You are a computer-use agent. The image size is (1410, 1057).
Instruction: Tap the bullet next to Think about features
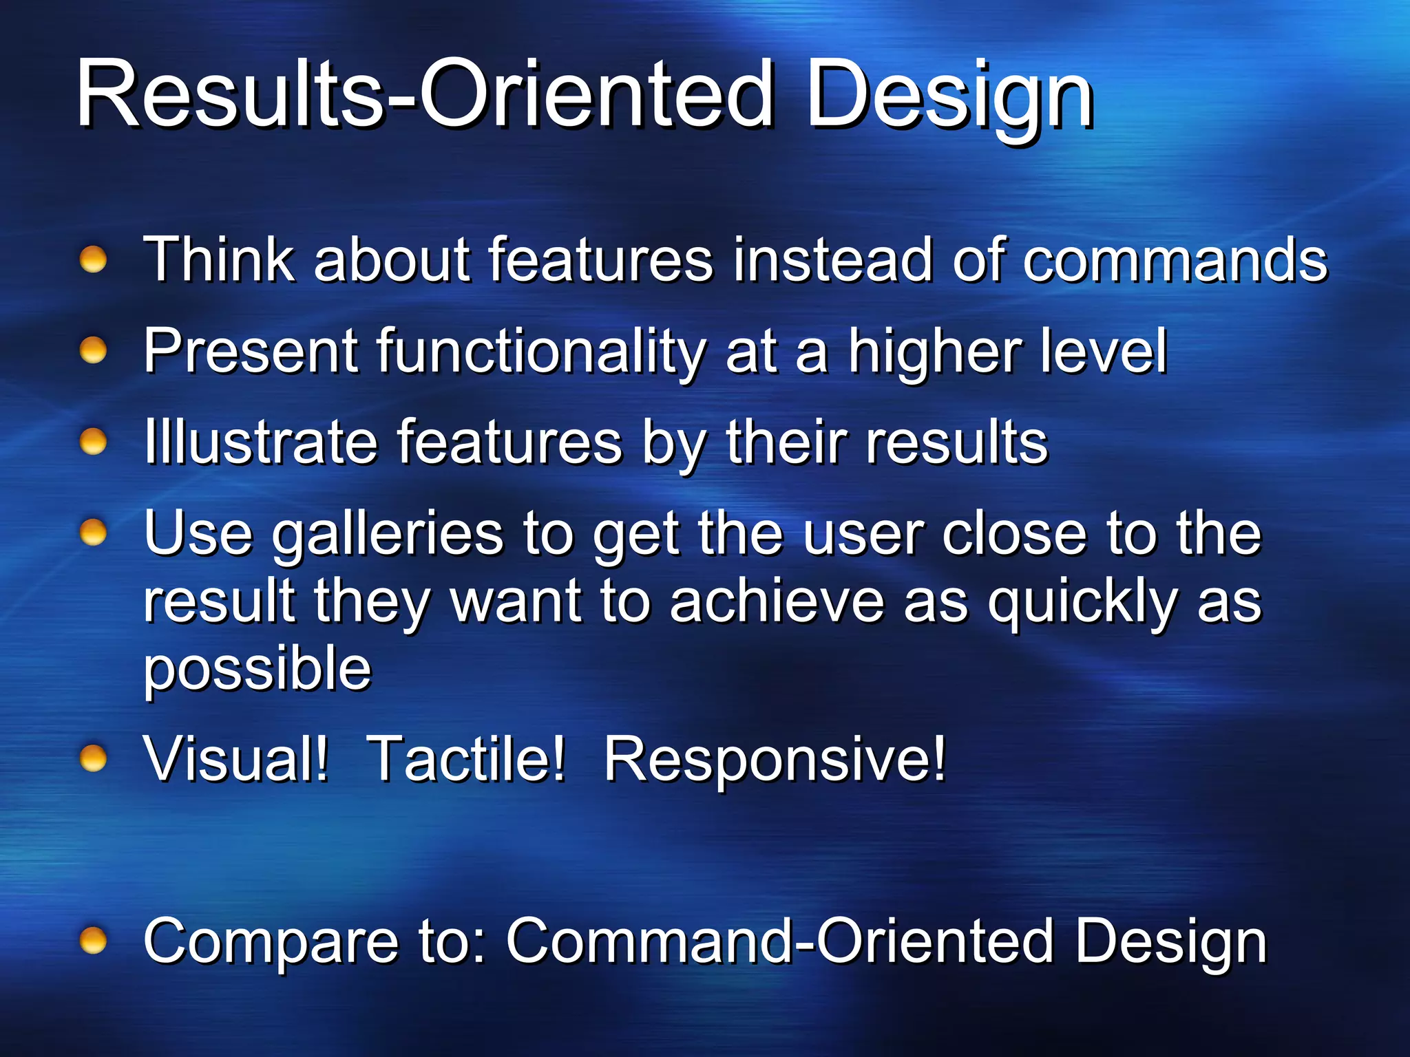93,261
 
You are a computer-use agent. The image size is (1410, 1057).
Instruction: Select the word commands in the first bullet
1175,261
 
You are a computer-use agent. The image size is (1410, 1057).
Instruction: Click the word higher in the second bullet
934,353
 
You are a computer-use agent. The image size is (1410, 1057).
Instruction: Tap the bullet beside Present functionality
93,352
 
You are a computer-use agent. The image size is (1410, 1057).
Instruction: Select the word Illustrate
260,442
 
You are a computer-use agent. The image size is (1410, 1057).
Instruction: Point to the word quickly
1082,603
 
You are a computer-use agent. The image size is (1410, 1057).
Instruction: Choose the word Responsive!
775,760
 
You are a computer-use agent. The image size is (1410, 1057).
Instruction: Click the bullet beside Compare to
93,941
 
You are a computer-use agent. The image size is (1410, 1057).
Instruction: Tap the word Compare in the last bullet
271,943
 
